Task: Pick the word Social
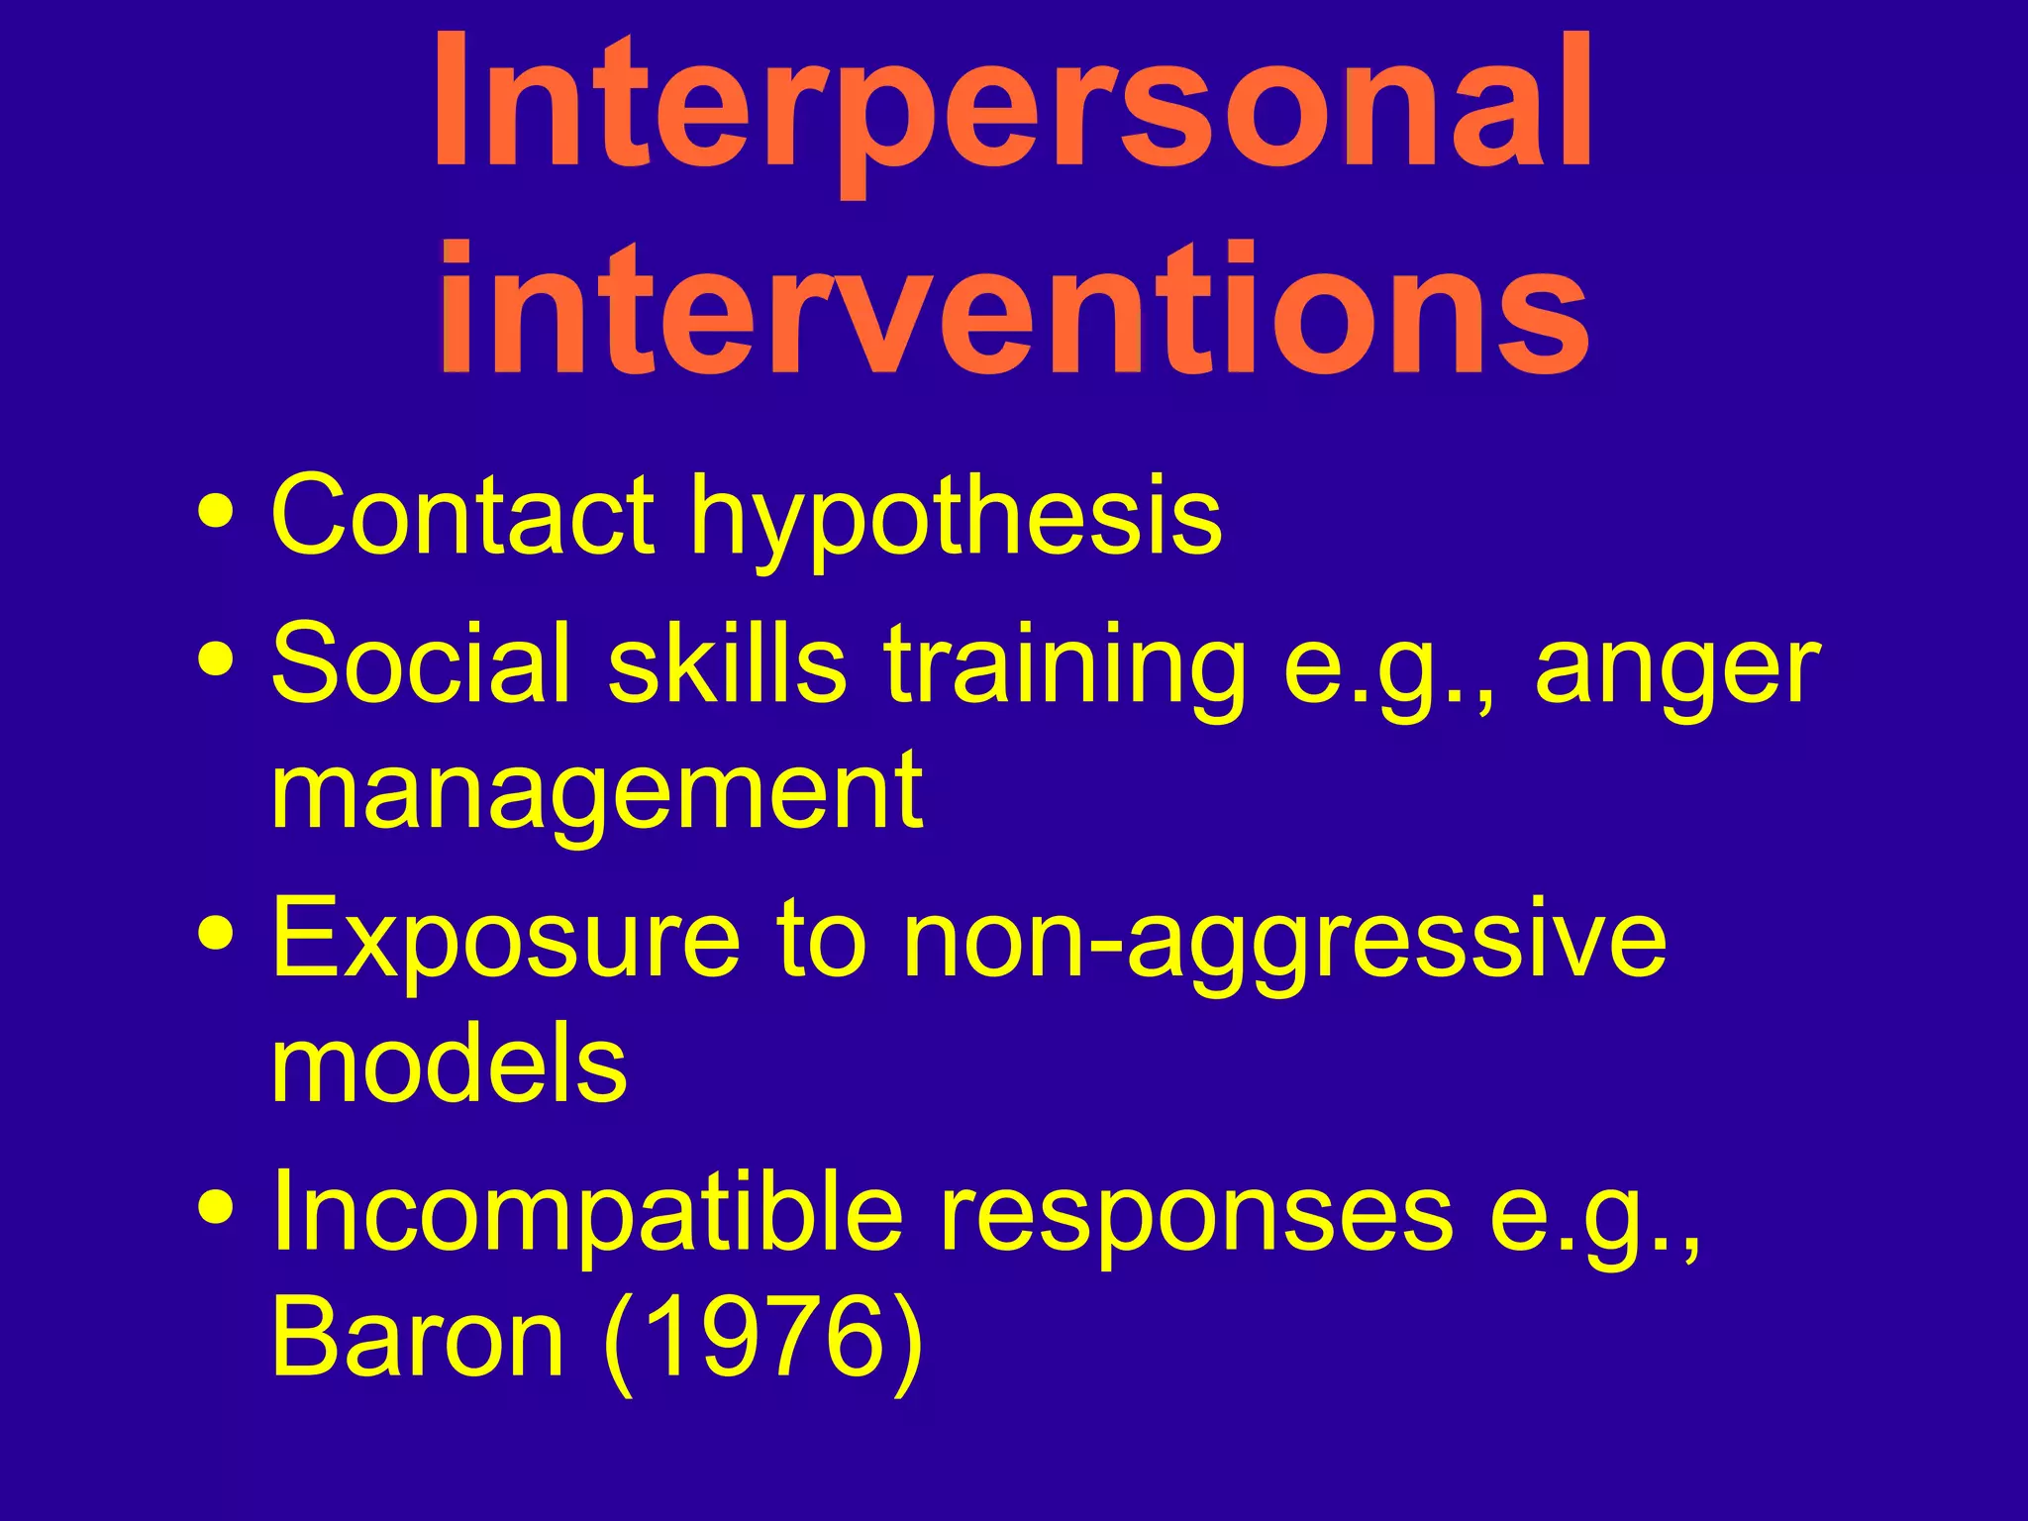point(421,661)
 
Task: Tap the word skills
point(727,661)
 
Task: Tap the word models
point(449,1065)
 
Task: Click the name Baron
point(417,1339)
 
